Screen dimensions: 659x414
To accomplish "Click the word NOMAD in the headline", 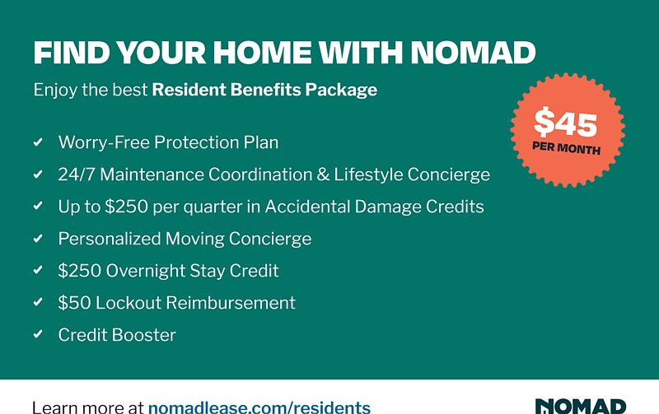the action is pyautogui.click(x=473, y=53).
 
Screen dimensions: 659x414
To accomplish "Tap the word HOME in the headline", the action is pyautogui.click(x=262, y=53).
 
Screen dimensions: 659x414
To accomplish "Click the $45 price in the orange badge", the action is pyautogui.click(x=566, y=122).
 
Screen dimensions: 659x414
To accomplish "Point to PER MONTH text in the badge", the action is pyautogui.click(x=566, y=148).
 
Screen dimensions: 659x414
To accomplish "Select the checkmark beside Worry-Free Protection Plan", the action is pyautogui.click(x=38, y=142).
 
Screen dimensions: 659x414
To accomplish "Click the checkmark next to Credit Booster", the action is pyautogui.click(x=38, y=334).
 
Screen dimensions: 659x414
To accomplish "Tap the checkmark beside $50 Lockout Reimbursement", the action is pyautogui.click(x=38, y=302).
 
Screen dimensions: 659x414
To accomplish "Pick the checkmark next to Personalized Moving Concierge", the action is pyautogui.click(x=38, y=238).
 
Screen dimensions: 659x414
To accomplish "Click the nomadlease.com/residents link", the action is pyautogui.click(x=259, y=407).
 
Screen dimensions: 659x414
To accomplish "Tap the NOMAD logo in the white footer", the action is pyautogui.click(x=581, y=407).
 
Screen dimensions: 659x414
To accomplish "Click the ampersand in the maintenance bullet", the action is pyautogui.click(x=323, y=174).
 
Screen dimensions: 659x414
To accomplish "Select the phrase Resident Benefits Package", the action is pyautogui.click(x=264, y=90).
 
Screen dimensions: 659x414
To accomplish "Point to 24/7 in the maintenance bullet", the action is pyautogui.click(x=77, y=174).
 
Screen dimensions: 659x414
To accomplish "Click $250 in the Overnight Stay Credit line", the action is pyautogui.click(x=80, y=271).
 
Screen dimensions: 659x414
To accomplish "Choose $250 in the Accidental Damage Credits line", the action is pyautogui.click(x=126, y=207).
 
